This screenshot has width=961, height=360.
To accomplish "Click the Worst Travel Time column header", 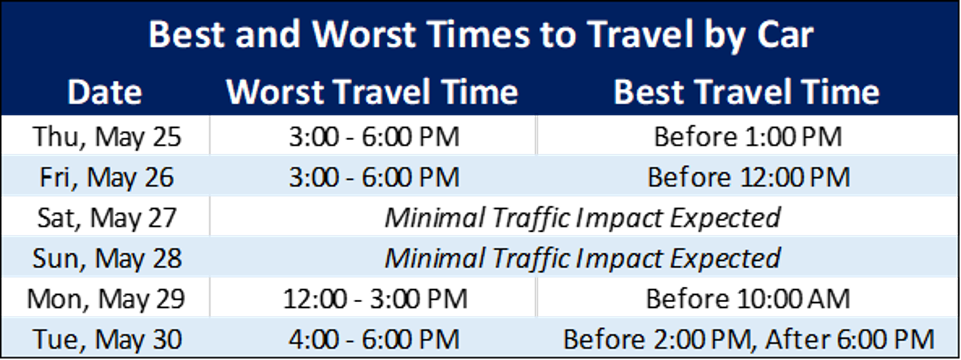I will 372,92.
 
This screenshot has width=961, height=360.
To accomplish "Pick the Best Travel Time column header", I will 746,92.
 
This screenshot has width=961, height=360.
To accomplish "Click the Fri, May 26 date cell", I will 106,177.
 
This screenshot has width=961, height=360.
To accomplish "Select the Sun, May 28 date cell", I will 107,258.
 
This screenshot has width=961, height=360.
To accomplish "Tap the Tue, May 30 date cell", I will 107,339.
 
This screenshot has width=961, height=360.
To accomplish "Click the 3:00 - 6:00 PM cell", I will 374,177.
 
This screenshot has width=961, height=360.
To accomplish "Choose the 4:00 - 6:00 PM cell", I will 374,339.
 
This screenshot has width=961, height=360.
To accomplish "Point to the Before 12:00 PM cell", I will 748,177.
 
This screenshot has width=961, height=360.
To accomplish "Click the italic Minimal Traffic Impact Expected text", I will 582,258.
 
